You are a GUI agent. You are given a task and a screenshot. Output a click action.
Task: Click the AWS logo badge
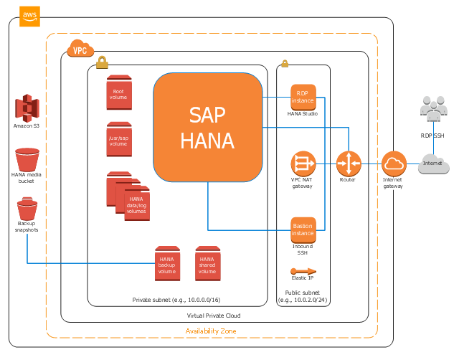29,16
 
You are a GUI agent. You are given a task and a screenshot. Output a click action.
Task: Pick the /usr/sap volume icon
119,139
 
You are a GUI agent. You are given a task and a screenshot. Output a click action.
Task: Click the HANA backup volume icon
167,263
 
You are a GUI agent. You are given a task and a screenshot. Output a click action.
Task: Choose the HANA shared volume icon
208,263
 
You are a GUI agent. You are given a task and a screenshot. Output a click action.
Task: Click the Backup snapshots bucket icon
27,211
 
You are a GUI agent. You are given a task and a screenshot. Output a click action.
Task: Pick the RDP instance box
303,97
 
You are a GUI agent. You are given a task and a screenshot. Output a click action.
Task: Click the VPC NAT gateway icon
303,163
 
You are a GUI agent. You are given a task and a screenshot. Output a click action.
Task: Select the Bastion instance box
303,229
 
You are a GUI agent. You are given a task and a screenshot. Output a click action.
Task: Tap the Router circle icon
349,164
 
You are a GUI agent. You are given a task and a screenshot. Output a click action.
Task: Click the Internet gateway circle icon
393,164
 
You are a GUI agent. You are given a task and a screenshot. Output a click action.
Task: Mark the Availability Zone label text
211,331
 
